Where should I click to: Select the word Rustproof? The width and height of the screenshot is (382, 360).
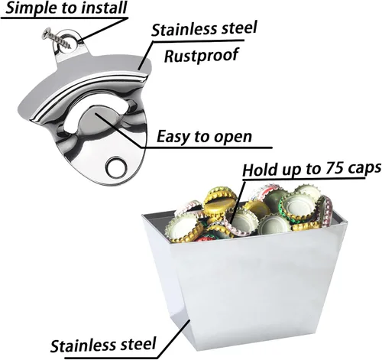202,55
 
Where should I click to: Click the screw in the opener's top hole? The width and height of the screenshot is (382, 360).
57,39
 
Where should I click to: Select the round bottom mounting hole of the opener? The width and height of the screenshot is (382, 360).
117,167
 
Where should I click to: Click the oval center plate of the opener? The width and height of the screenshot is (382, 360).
101,119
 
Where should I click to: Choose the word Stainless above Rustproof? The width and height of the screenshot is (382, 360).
183,29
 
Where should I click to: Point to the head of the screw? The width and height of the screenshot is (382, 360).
46,34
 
